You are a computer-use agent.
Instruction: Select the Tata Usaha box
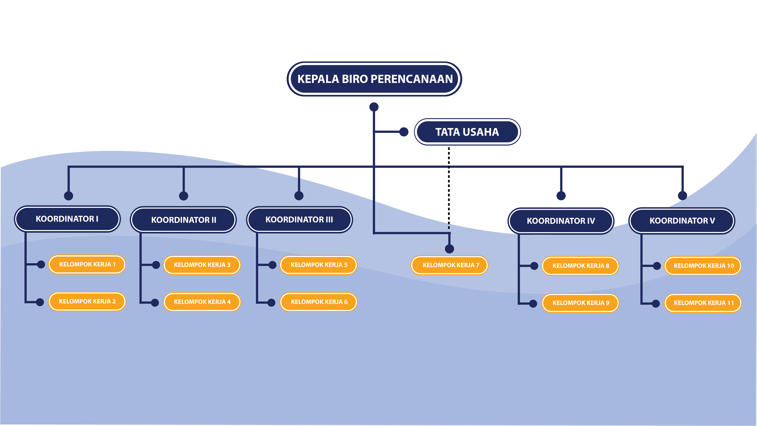467,132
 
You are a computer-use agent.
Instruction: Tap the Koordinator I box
67,219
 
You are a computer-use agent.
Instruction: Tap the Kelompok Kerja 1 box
87,264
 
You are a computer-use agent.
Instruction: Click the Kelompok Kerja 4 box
202,302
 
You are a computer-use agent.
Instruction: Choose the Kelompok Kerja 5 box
319,265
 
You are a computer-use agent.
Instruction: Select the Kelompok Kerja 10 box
703,266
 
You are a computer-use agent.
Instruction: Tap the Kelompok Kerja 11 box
703,303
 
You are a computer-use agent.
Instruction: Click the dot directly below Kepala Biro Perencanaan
374,107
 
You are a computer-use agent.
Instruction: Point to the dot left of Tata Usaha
404,132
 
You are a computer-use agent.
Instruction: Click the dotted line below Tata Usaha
449,188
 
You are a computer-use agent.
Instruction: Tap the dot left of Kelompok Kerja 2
40,302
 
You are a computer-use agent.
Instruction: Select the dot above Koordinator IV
561,196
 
